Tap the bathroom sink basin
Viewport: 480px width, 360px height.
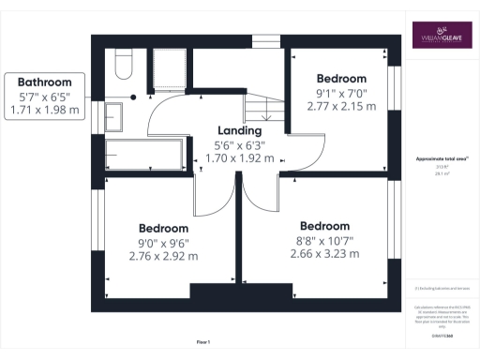113,117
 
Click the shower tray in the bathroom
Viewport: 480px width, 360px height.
172,65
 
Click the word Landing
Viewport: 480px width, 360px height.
239,131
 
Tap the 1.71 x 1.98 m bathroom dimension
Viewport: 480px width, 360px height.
44,111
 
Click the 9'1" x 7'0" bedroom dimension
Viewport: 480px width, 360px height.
341,92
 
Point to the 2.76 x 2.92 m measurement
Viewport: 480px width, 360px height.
164,255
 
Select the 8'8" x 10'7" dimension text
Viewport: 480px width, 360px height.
324,240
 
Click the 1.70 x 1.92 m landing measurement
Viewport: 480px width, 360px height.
239,158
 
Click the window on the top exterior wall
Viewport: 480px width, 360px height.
266,39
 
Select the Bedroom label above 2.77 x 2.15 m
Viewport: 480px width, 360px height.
341,78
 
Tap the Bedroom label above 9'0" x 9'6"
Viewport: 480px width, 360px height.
164,228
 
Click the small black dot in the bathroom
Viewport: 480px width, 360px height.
134,97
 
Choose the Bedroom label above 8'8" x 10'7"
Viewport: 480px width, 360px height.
324,226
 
